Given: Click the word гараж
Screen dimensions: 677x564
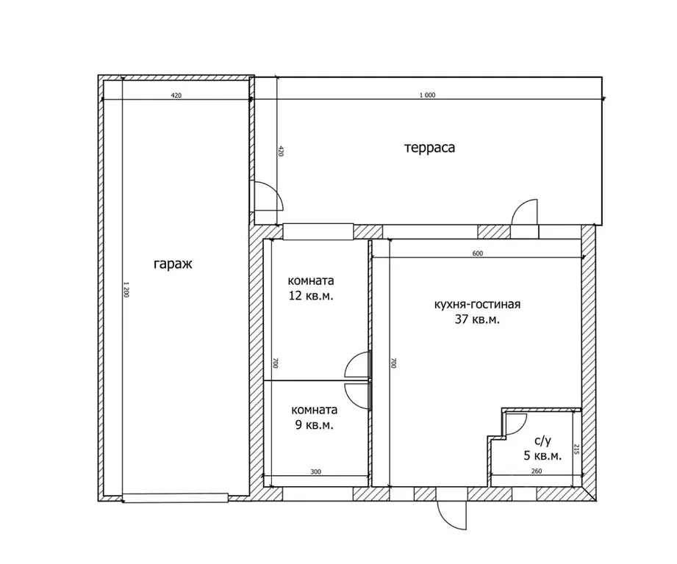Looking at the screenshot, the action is click(x=173, y=264).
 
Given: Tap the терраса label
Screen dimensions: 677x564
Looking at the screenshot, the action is click(x=429, y=148).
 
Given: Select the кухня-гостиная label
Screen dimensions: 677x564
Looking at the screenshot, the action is click(x=477, y=305).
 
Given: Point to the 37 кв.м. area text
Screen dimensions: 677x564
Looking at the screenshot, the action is click(x=477, y=319).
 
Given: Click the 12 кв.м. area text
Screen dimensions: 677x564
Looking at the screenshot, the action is click(x=311, y=296).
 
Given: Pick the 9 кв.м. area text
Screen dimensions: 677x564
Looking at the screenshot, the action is click(x=315, y=425).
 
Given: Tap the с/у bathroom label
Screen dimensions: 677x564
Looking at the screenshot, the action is click(x=542, y=441).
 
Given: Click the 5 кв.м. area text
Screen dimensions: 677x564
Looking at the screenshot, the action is click(x=542, y=456).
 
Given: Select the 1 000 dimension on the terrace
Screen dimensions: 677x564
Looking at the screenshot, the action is click(x=427, y=95).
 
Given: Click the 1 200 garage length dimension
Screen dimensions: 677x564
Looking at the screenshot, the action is click(x=126, y=289).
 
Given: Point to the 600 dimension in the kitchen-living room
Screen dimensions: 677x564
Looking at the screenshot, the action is click(x=478, y=253).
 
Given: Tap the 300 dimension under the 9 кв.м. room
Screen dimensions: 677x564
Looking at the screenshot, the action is click(x=315, y=471).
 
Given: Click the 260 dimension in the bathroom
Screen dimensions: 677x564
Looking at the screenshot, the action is click(x=537, y=471).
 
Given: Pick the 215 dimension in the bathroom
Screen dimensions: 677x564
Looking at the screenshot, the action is click(x=576, y=449).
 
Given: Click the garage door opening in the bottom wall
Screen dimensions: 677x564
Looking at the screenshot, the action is click(x=176, y=498).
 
